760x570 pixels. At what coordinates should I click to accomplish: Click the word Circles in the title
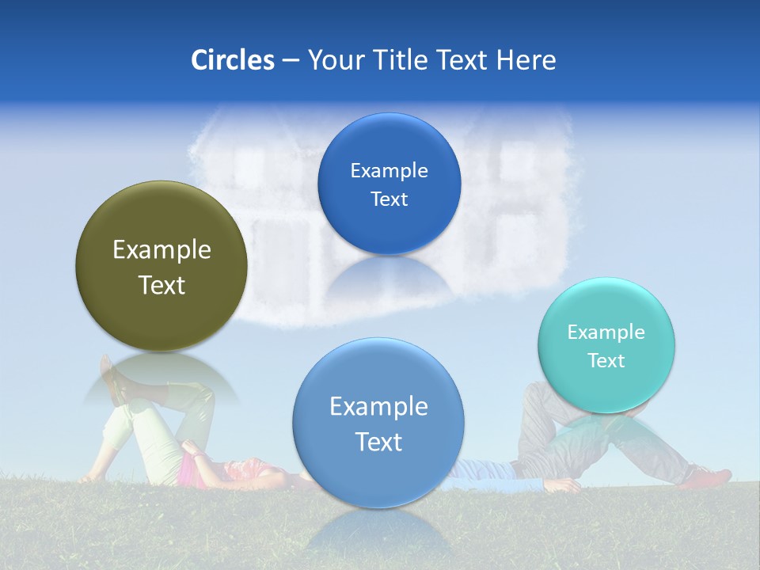click(232, 60)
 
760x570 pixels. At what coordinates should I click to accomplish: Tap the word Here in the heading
click(526, 60)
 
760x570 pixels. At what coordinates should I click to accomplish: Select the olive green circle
click(161, 266)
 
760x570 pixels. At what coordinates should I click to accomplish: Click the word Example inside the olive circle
click(161, 250)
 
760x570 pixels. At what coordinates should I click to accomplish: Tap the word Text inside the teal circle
click(606, 361)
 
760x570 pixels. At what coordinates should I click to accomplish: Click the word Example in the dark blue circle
click(389, 170)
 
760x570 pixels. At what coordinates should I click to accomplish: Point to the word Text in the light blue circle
click(378, 442)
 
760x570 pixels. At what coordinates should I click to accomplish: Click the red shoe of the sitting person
click(711, 477)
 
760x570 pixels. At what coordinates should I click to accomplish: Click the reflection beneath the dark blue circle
click(389, 276)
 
